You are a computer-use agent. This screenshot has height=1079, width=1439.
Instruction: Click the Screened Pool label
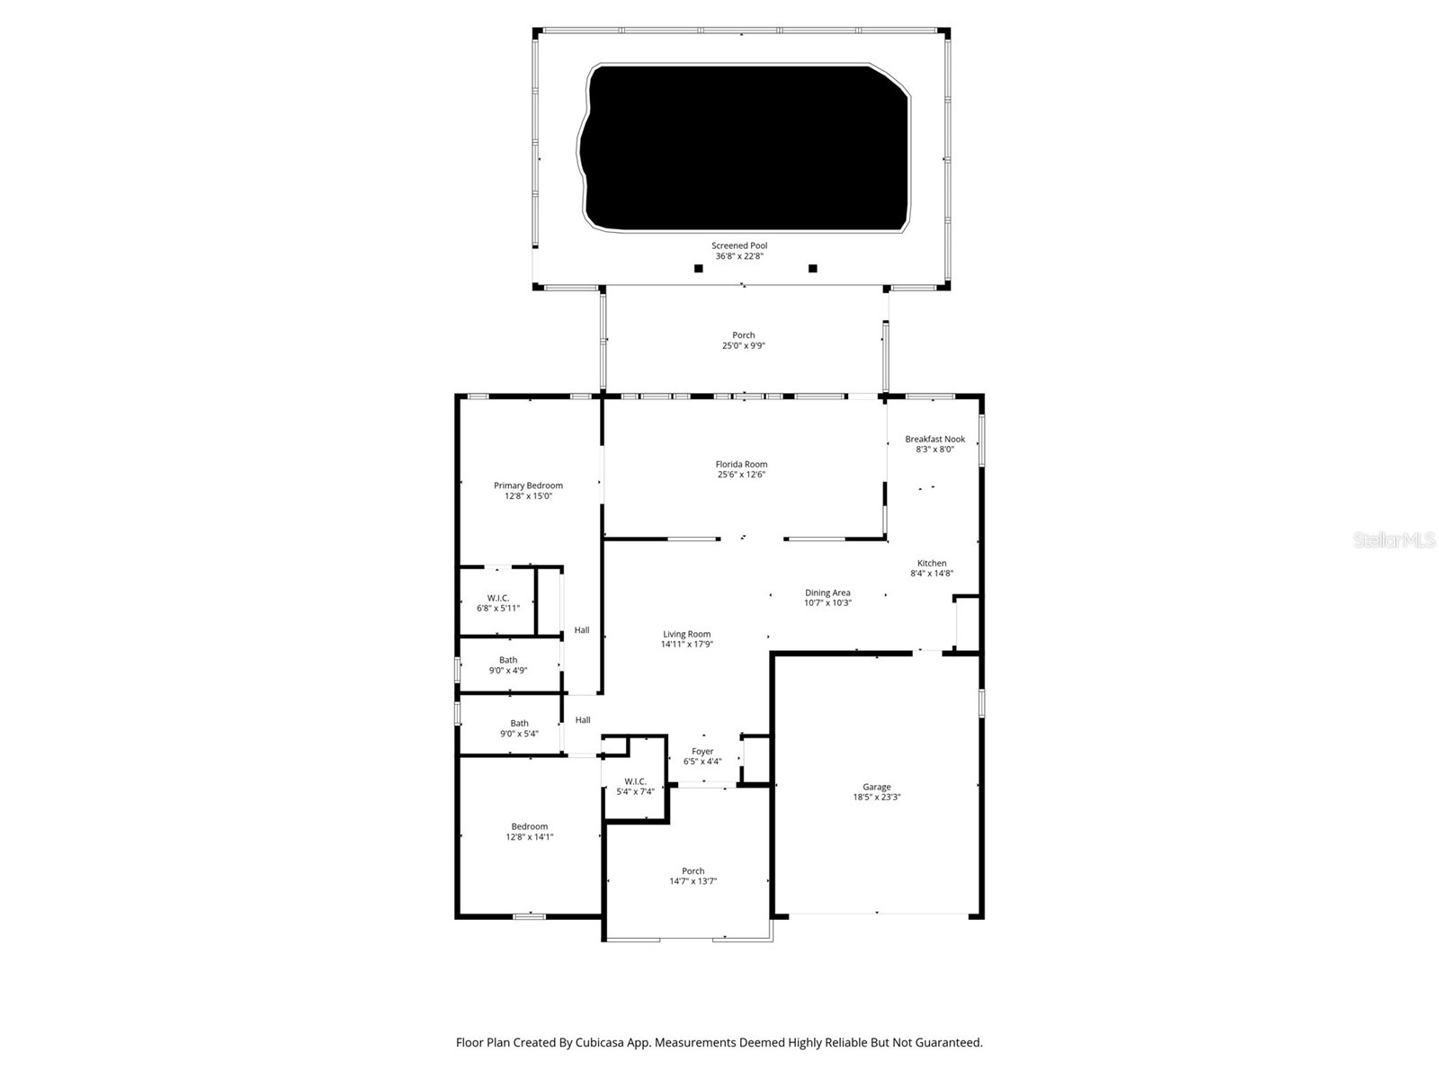pyautogui.click(x=739, y=245)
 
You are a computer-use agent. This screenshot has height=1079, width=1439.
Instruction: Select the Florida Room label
pyautogui.click(x=741, y=465)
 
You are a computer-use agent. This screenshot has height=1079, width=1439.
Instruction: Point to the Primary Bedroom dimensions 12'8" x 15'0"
pyautogui.click(x=528, y=496)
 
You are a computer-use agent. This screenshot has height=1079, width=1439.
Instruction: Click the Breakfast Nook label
pyautogui.click(x=934, y=440)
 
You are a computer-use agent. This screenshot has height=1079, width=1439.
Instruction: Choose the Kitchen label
pyautogui.click(x=932, y=564)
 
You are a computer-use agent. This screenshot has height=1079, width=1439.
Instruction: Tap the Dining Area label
pyautogui.click(x=827, y=593)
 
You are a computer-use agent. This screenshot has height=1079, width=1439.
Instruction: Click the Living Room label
pyautogui.click(x=686, y=635)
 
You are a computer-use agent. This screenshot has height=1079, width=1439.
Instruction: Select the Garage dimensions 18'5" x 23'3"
pyautogui.click(x=877, y=798)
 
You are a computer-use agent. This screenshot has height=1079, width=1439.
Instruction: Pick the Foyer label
pyautogui.click(x=702, y=752)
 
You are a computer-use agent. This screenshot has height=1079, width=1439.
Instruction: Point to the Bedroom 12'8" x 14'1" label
pyautogui.click(x=529, y=827)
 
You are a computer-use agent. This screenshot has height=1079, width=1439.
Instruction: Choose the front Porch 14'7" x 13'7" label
pyautogui.click(x=693, y=871)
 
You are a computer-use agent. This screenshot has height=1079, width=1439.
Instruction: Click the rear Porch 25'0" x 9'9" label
pyautogui.click(x=743, y=335)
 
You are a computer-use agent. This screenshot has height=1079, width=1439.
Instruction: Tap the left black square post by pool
pyautogui.click(x=698, y=268)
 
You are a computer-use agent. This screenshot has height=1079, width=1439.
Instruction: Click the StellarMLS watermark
pyautogui.click(x=1395, y=540)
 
